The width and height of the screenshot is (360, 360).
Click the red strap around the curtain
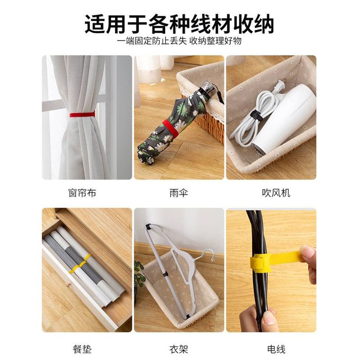click(x=82, y=114)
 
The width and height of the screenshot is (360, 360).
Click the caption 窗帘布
click(x=82, y=193)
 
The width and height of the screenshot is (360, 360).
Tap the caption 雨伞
click(x=179, y=193)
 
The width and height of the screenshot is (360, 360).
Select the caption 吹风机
click(x=276, y=193)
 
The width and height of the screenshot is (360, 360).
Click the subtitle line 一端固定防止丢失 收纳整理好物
click(x=179, y=41)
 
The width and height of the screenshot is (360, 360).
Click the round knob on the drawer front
click(x=68, y=285)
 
